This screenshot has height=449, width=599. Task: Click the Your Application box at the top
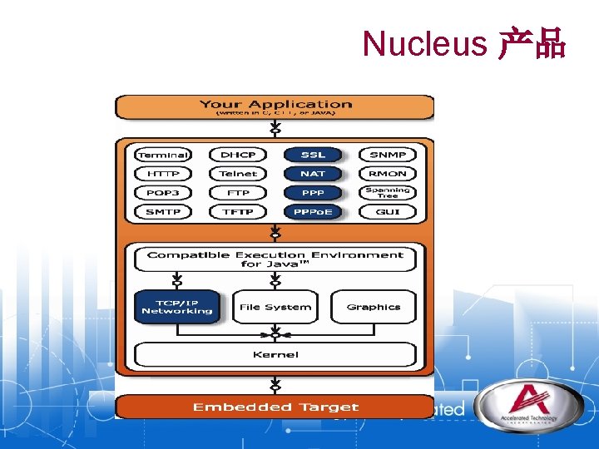coord(275,107)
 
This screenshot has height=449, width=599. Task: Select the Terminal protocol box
coord(163,155)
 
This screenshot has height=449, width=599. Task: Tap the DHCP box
coord(238,155)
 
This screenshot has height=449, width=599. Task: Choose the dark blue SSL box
coord(313,155)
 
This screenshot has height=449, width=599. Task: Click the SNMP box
coord(388,155)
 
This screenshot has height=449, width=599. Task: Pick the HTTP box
coord(163,174)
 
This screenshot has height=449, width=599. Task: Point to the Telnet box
coord(238,174)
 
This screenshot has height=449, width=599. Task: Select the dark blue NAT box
coord(313,174)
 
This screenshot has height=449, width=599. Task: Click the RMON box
coord(388,174)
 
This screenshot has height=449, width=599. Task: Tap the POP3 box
coord(163,193)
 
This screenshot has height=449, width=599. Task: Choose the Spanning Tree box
coord(388,193)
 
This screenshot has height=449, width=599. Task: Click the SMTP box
coord(163,212)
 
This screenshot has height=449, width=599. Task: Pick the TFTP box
coord(238,212)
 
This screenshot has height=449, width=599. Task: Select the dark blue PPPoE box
coord(313,212)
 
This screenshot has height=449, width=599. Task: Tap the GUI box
coord(388,212)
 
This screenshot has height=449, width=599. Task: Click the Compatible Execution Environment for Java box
coord(275,259)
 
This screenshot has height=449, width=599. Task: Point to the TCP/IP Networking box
coord(177,307)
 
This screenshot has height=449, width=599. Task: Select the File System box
coord(275,307)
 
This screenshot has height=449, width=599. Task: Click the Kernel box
coord(275,355)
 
